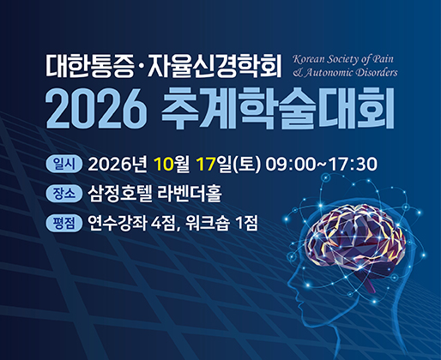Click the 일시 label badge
coord(64,165)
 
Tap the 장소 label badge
coord(64,194)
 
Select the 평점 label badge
coord(64,223)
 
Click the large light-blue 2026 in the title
coord(96,110)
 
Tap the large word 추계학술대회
coord(278,109)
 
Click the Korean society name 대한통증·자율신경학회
coord(164,66)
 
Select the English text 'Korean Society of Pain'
coord(343,59)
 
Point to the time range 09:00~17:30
coord(322,165)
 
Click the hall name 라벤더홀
coord(190,194)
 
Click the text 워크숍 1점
coord(221,223)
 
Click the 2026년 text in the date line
coord(118,165)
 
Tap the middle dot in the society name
coord(141,68)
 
